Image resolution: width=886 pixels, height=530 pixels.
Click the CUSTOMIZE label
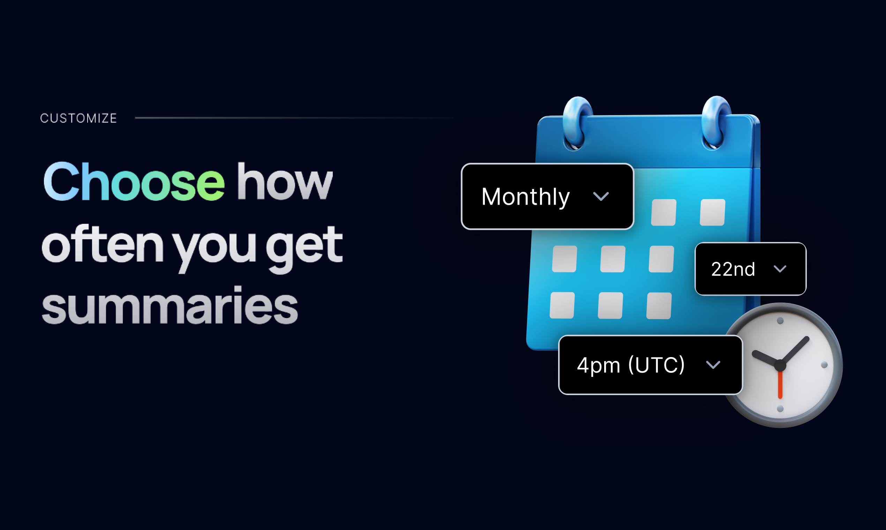pos(78,118)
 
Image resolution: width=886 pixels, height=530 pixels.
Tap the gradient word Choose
pos(134,181)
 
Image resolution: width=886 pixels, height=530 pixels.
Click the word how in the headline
pos(285,181)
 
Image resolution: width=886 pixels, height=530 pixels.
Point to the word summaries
pos(170,305)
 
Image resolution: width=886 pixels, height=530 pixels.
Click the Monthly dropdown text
pos(526,197)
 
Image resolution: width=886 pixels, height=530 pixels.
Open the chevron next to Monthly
pos(601,196)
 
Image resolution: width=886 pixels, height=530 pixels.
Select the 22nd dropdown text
pos(733,269)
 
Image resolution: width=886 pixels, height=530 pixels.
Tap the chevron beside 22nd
pos(780,269)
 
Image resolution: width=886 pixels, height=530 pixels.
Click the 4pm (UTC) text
pos(631,365)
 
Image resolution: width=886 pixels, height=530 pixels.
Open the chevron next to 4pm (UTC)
pos(713,365)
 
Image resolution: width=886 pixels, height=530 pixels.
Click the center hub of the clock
pos(780,365)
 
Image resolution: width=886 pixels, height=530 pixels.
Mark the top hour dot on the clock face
pos(780,321)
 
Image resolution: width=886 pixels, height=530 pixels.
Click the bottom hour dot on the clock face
pos(780,409)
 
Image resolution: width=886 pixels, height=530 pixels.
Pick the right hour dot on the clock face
pos(825,365)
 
